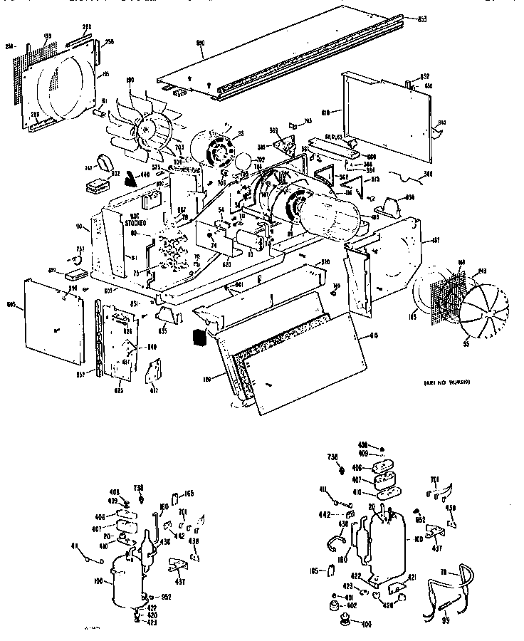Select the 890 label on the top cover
pos(201,44)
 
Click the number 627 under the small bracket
pos(154,390)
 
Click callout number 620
pos(226,264)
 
